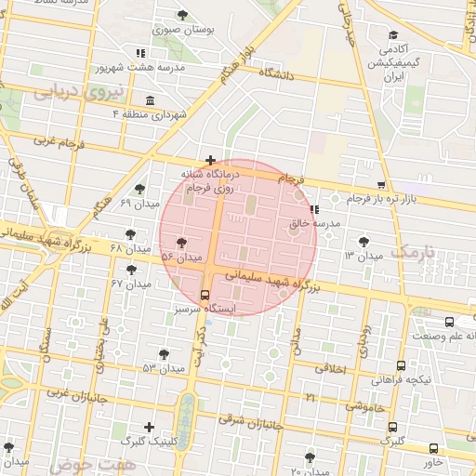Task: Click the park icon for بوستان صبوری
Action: click(x=183, y=14)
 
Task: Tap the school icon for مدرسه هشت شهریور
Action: click(x=139, y=53)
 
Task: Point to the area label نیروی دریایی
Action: click(x=69, y=92)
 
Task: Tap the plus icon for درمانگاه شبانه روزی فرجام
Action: click(x=211, y=160)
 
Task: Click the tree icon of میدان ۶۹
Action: click(x=139, y=189)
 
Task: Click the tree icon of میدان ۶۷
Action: click(x=131, y=270)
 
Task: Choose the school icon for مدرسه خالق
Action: click(x=314, y=208)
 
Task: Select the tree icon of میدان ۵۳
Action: click(x=165, y=354)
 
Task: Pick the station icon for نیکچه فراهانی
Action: click(x=402, y=365)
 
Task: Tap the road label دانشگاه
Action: click(x=277, y=73)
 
